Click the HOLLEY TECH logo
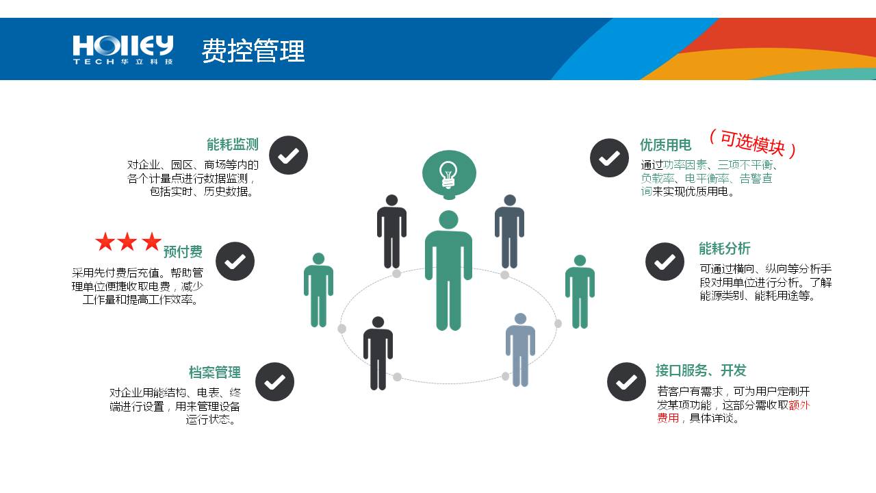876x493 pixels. coord(123,49)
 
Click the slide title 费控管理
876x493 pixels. coord(253,51)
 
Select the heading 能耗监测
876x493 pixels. coord(233,144)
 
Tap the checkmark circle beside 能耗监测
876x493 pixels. coord(288,155)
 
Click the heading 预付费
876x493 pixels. coord(183,251)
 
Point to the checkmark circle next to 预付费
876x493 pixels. coord(235,262)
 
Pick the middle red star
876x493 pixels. coord(127,242)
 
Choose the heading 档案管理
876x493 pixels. coord(215,372)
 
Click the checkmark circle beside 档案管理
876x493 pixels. coord(274,382)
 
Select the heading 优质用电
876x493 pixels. coord(665,145)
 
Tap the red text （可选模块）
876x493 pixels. coord(752,143)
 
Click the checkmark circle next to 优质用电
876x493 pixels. coord(609,158)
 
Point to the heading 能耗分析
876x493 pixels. coord(725,249)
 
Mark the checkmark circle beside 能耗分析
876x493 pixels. coord(665,262)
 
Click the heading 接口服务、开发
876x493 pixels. coord(701,370)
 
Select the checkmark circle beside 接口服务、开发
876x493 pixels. coord(626,382)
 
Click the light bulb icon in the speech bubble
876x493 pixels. coord(448,175)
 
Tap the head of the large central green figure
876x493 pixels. coord(448,220)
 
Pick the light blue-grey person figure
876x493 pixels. coord(520,349)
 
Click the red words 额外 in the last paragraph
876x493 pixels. coord(799,405)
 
